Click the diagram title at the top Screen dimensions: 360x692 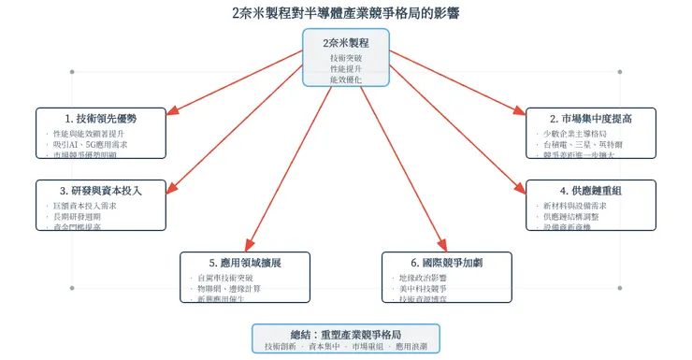click(346, 13)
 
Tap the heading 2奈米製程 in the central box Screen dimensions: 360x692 click(345, 42)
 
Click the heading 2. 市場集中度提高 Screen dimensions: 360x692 click(591, 119)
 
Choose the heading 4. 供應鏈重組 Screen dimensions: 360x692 click(591, 190)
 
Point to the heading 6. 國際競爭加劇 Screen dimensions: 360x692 click(447, 263)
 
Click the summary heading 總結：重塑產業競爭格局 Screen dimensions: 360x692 click(345, 334)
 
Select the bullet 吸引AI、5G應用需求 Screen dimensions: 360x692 click(91, 146)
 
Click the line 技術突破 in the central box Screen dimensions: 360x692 click(345, 58)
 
